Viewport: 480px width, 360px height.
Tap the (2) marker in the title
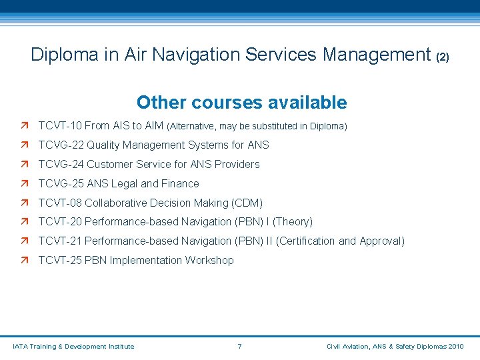click(443, 57)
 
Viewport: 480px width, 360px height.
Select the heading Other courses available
click(241, 103)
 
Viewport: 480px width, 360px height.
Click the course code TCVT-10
click(60, 125)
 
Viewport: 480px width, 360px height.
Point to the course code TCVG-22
click(61, 145)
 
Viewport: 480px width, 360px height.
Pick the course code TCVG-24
click(61, 164)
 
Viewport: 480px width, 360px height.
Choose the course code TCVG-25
click(61, 183)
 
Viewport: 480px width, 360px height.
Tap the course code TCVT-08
click(60, 203)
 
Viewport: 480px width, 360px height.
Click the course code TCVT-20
click(60, 222)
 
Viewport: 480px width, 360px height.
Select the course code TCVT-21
click(60, 241)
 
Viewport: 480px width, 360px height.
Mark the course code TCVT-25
click(60, 261)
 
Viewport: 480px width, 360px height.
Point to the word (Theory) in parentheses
click(293, 222)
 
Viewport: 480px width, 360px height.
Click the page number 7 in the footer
click(239, 346)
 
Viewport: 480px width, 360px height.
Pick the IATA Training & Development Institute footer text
click(73, 346)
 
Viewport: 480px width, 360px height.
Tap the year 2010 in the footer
click(457, 346)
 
